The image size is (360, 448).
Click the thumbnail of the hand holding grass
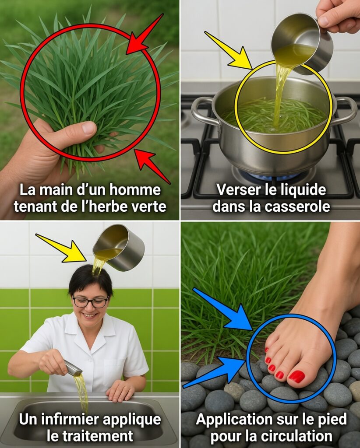(x=89, y=110)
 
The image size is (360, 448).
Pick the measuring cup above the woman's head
(x=119, y=248)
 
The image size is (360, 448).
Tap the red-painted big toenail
(x=296, y=376)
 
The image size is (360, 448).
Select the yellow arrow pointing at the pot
(x=229, y=51)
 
